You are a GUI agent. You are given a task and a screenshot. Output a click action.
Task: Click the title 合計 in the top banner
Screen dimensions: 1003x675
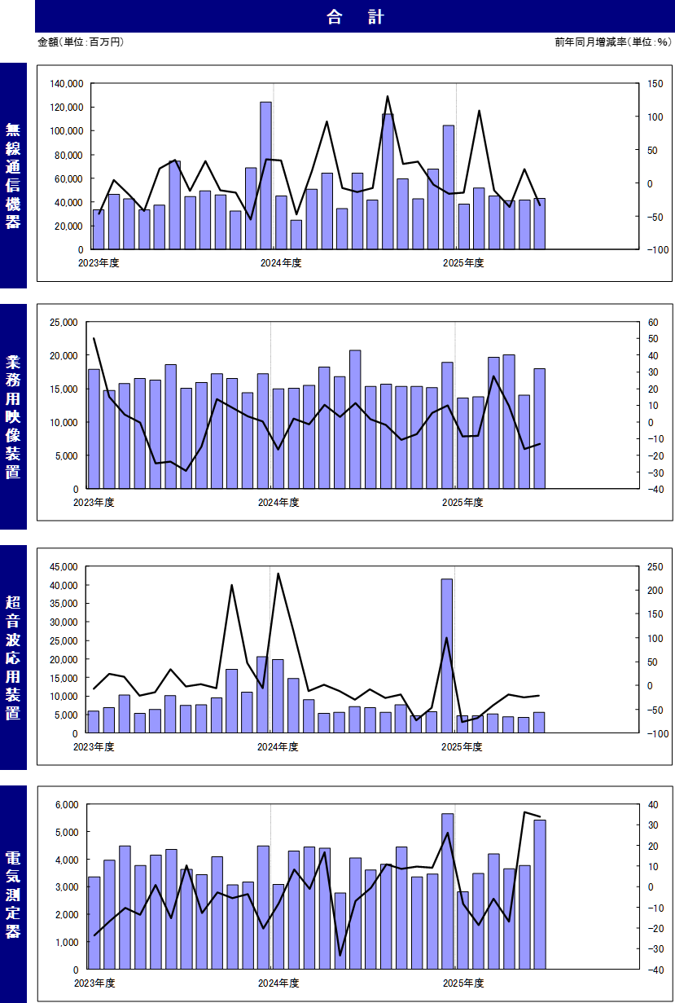pyautogui.click(x=355, y=17)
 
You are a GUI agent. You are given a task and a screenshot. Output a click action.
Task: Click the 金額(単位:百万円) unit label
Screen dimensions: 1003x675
pyautogui.click(x=81, y=42)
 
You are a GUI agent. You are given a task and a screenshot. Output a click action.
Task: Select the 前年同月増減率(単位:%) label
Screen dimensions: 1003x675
pyautogui.click(x=612, y=42)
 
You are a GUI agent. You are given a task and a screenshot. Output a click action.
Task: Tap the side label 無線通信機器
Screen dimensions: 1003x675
pyautogui.click(x=13, y=175)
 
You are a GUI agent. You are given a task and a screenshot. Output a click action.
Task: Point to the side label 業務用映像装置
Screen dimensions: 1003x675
pyautogui.click(x=13, y=416)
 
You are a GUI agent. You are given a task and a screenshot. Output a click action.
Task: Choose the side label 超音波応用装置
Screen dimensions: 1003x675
pyautogui.click(x=13, y=658)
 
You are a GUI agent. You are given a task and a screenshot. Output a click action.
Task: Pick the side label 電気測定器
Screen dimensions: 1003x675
pyautogui.click(x=13, y=895)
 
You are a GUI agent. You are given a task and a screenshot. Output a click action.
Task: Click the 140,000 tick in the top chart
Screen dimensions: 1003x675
pyautogui.click(x=66, y=84)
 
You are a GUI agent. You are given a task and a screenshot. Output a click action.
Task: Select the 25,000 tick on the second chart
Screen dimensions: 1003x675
pyautogui.click(x=62, y=323)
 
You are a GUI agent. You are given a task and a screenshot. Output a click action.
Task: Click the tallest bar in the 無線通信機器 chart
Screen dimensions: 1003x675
pyautogui.click(x=265, y=175)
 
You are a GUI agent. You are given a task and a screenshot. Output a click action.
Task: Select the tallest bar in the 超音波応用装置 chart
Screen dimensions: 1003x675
pyautogui.click(x=447, y=655)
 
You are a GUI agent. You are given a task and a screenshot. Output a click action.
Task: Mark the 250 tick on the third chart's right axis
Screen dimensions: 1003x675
pyautogui.click(x=655, y=566)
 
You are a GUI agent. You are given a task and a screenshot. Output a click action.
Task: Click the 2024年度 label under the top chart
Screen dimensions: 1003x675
pyautogui.click(x=281, y=262)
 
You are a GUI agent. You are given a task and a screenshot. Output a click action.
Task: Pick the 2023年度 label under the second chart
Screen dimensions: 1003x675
pyautogui.click(x=94, y=502)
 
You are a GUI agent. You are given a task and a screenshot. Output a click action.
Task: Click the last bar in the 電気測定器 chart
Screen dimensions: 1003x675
pyautogui.click(x=539, y=894)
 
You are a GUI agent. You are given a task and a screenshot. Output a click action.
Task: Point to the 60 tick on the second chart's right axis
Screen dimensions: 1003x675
pyautogui.click(x=653, y=323)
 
